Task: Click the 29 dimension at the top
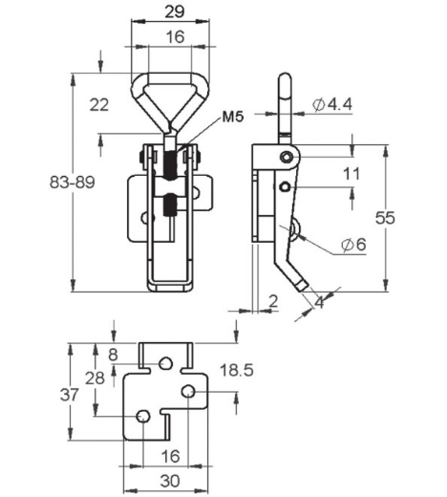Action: pos(175,11)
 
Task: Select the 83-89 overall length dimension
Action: pos(73,183)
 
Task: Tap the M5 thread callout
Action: pos(233,117)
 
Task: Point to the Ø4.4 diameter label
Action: pos(332,104)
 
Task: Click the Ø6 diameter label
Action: pos(353,245)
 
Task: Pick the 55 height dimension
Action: pos(385,218)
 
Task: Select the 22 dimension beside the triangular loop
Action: pos(99,105)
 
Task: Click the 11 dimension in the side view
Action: pos(351,174)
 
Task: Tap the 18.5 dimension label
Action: pos(237,371)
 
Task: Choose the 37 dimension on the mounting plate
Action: pos(69,395)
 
